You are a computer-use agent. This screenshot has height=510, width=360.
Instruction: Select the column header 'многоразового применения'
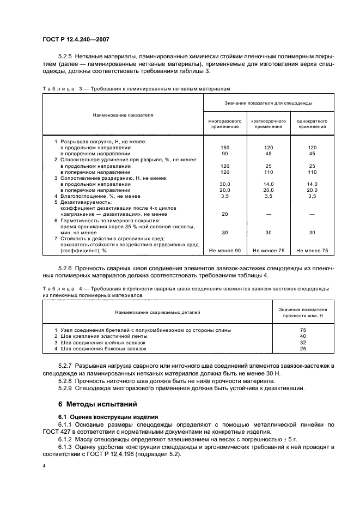[x=224, y=123]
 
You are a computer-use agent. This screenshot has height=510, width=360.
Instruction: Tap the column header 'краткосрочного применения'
[x=268, y=123]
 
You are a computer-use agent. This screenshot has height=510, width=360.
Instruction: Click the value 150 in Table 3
[x=224, y=148]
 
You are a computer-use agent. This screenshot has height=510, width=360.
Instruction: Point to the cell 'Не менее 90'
[x=224, y=250]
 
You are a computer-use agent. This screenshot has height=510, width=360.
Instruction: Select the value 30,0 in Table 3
[x=224, y=184]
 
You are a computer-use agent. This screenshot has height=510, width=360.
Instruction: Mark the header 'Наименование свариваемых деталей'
[x=157, y=312]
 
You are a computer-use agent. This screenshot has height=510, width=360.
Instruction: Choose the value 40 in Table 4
[x=303, y=336]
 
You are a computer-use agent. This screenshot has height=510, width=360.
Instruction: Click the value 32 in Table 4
[x=303, y=342]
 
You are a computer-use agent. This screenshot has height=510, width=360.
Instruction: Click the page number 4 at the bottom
[x=44, y=466]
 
